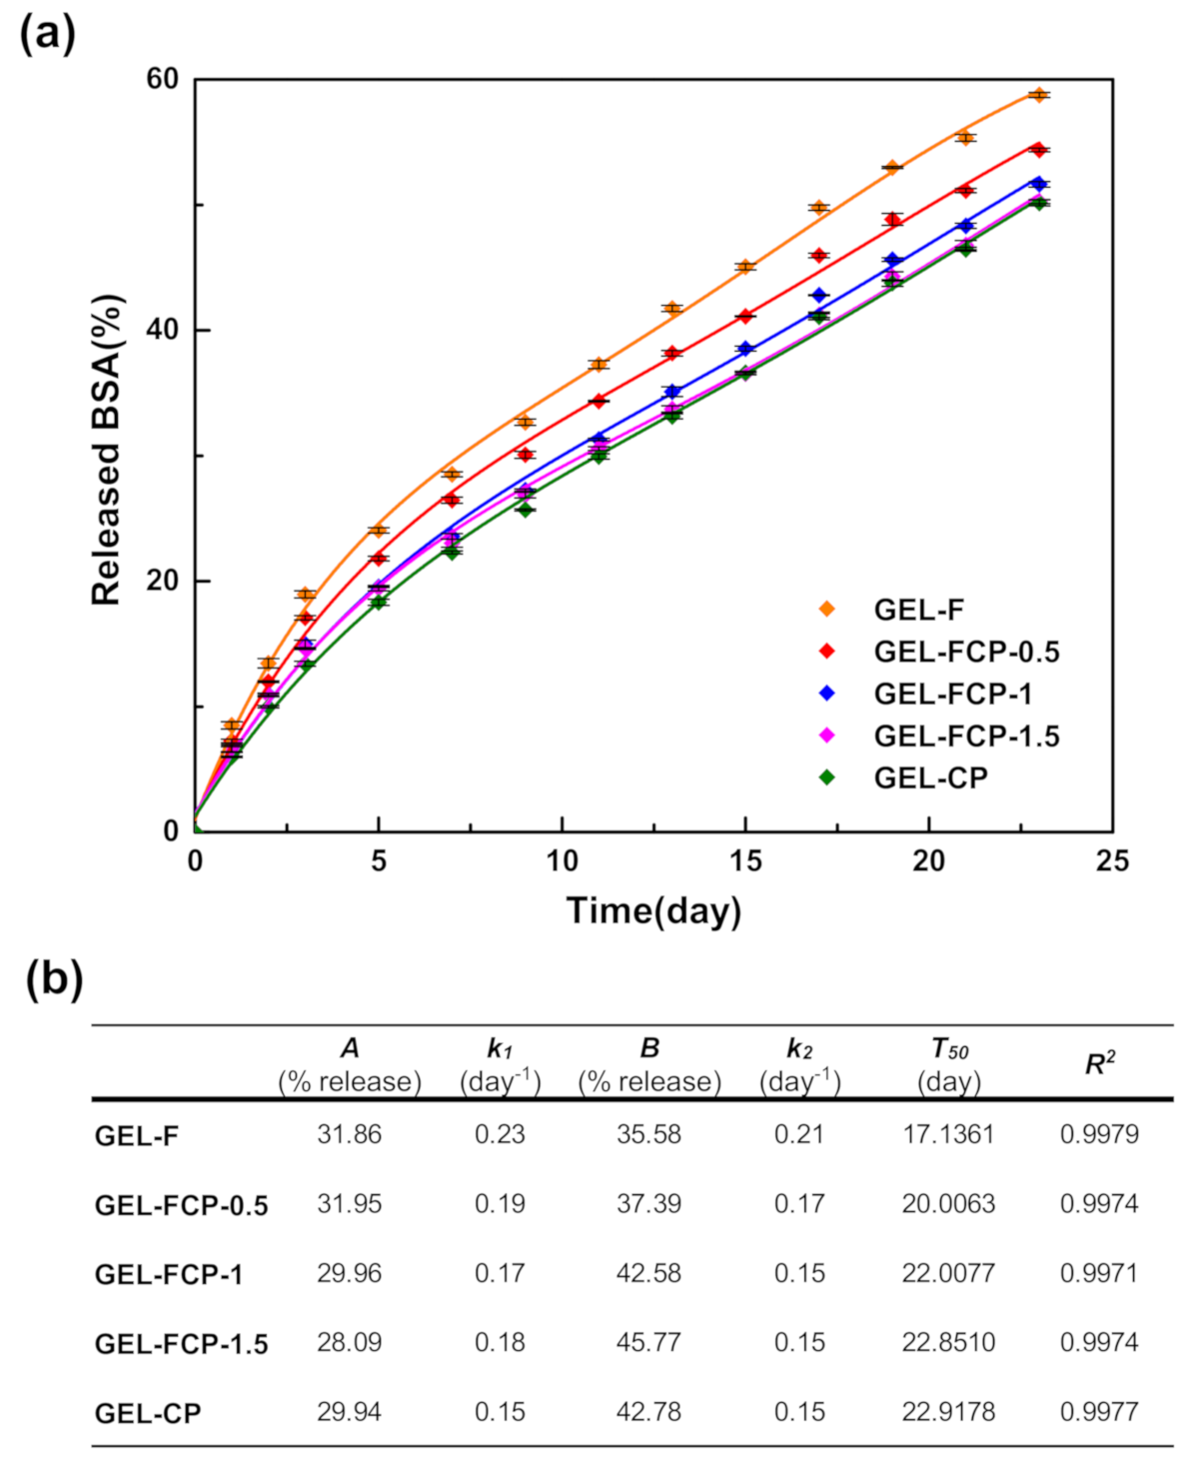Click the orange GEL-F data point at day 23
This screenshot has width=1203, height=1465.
click(1039, 95)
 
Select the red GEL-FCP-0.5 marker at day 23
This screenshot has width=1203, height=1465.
click(1039, 150)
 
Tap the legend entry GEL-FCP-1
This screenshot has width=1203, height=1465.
click(952, 694)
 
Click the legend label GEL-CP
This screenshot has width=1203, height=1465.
click(930, 777)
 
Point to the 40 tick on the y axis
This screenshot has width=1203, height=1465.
click(163, 330)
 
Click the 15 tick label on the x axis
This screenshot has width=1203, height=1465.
click(745, 861)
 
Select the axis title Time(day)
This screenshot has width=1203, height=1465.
click(653, 910)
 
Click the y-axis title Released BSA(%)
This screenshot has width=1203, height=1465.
click(107, 450)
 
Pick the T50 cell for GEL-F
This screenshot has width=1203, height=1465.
click(948, 1134)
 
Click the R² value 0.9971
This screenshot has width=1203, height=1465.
click(1099, 1273)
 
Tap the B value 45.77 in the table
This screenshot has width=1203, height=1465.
click(648, 1342)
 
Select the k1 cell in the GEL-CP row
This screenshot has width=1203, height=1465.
click(500, 1412)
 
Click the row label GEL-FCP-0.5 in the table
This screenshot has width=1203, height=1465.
click(181, 1205)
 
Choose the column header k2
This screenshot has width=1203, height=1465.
click(799, 1049)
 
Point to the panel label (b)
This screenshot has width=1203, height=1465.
click(53, 978)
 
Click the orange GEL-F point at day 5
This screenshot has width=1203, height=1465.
click(379, 530)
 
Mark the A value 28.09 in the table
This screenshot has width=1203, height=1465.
click(349, 1342)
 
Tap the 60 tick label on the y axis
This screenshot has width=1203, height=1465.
click(163, 79)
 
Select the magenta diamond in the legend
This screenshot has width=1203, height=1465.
click(827, 735)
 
